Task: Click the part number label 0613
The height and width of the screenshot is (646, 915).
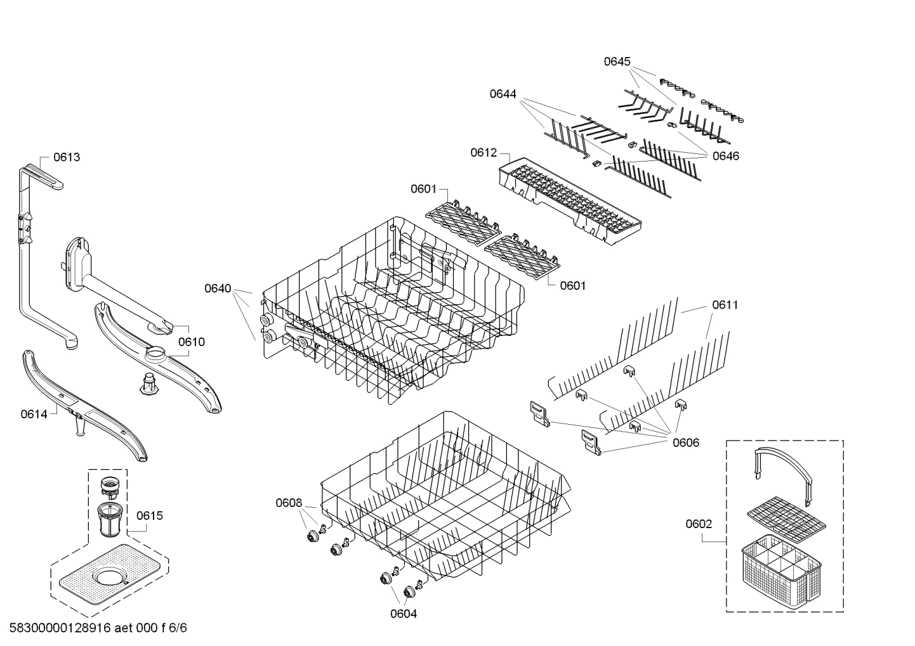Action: (x=67, y=157)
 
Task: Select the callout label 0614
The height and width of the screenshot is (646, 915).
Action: (x=34, y=414)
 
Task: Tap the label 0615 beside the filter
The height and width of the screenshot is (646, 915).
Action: (x=149, y=515)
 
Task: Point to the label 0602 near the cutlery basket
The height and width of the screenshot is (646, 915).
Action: (x=699, y=524)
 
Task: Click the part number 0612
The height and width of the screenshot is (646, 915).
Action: (x=484, y=153)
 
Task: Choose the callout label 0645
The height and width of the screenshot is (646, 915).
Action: (x=617, y=61)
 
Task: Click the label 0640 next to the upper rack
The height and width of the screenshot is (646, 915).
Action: (x=218, y=288)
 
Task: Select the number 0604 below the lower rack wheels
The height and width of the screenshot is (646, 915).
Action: (x=404, y=613)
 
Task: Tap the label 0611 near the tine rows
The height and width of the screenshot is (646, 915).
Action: (x=725, y=305)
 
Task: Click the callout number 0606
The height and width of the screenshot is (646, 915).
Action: (x=686, y=443)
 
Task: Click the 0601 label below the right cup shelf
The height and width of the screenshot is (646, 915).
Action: (x=572, y=286)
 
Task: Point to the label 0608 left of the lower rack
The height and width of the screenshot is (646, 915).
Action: (x=289, y=503)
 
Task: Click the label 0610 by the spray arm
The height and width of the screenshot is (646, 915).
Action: (x=191, y=342)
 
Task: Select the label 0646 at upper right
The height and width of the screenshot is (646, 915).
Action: (x=725, y=156)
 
